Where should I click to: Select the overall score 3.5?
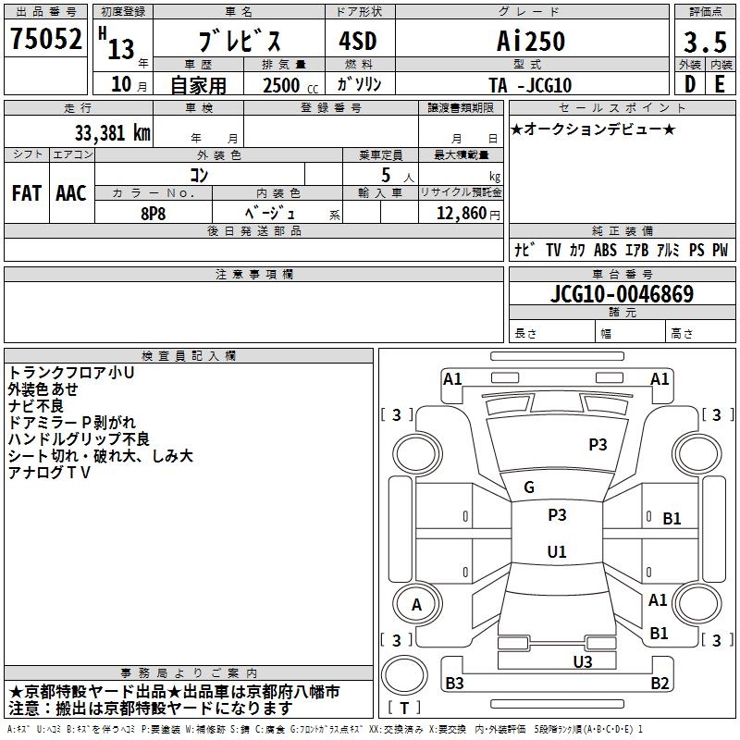tap(704, 43)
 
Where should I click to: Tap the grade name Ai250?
tap(530, 43)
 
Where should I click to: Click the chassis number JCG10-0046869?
tap(622, 295)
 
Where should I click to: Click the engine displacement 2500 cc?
tap(282, 85)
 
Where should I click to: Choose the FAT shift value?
tap(26, 193)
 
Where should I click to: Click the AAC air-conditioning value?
tap(71, 193)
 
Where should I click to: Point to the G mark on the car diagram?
tap(529, 487)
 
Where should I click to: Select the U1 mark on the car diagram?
tap(557, 552)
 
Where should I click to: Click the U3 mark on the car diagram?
tap(582, 661)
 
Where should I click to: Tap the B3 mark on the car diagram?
tap(454, 684)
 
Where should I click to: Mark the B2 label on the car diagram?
tap(660, 684)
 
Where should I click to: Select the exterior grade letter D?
tap(689, 84)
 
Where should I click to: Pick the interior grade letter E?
tap(720, 84)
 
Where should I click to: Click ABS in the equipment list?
tap(605, 250)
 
